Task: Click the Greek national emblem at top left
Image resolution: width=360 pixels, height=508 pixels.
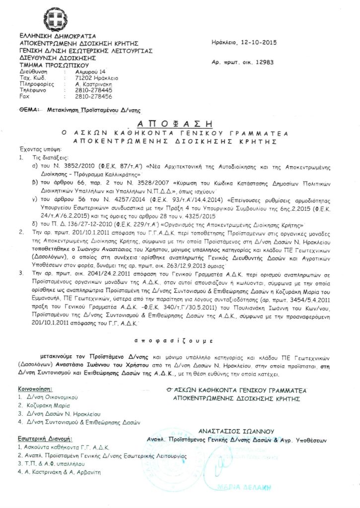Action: (x=55, y=19)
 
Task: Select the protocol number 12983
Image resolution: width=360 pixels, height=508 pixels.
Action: (x=263, y=63)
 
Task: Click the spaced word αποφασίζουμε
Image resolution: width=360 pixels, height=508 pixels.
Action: (x=174, y=341)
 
